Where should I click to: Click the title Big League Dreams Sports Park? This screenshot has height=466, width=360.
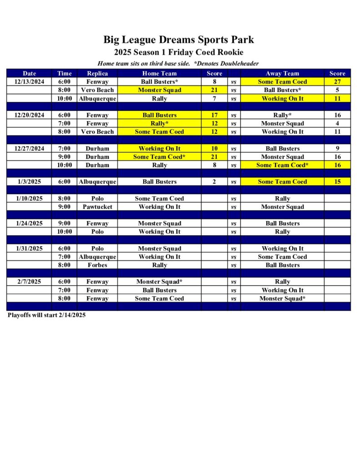pos(178,40)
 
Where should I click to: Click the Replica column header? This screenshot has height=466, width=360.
pos(97,73)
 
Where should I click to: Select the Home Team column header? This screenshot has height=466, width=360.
pos(159,73)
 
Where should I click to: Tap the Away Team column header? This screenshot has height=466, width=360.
pos(282,73)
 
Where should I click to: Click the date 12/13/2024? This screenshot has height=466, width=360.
pos(29,82)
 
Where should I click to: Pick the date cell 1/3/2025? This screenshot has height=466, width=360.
pos(29,182)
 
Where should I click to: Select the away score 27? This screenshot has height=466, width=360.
pos(337,82)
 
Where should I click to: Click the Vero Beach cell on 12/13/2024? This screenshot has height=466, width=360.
pos(97,90)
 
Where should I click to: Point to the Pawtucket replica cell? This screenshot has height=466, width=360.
pos(97,207)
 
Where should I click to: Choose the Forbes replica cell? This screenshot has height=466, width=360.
pos(97,265)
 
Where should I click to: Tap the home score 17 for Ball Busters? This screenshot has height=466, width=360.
pos(214,115)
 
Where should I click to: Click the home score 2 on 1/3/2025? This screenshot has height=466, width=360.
pos(214,182)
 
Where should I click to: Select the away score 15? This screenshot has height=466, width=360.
pos(337,182)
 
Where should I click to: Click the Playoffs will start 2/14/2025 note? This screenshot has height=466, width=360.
pos(46,315)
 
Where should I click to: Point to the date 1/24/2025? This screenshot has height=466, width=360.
pos(29,223)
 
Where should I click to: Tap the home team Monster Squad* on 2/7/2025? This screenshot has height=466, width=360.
pos(159,282)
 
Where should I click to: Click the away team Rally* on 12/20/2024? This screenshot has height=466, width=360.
pos(282,115)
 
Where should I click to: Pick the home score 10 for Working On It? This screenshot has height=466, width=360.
pos(214,148)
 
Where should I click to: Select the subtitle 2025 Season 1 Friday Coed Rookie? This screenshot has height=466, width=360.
pos(178,52)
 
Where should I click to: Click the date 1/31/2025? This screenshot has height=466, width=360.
pos(29,248)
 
